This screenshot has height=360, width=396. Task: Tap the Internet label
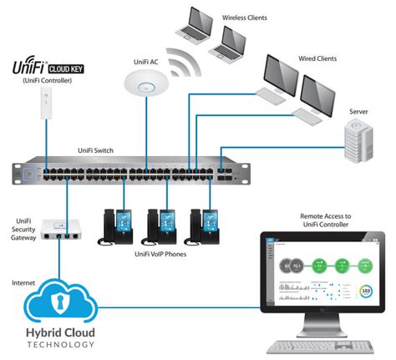point(23,283)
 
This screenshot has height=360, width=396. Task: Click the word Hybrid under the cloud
point(35,338)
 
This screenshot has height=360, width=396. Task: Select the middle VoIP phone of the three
point(161,224)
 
